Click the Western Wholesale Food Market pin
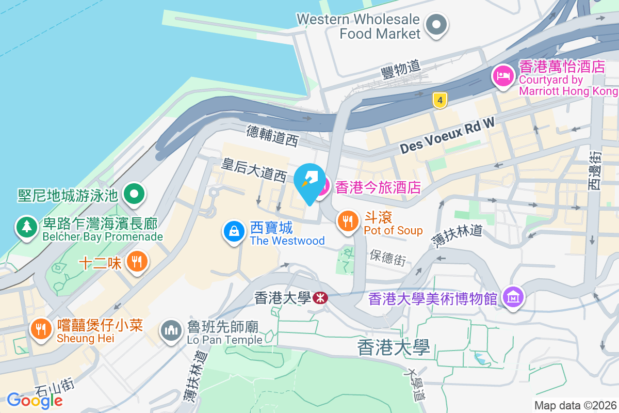point(436,24)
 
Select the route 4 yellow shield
point(439,100)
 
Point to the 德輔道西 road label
point(272,136)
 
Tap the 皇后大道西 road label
point(254,170)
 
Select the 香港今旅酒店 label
point(378,187)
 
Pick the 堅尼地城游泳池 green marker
point(135,195)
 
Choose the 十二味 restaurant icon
point(137,262)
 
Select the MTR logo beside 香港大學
point(320,298)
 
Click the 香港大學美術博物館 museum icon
point(514,297)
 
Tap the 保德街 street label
point(388,257)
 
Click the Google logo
point(35,400)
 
